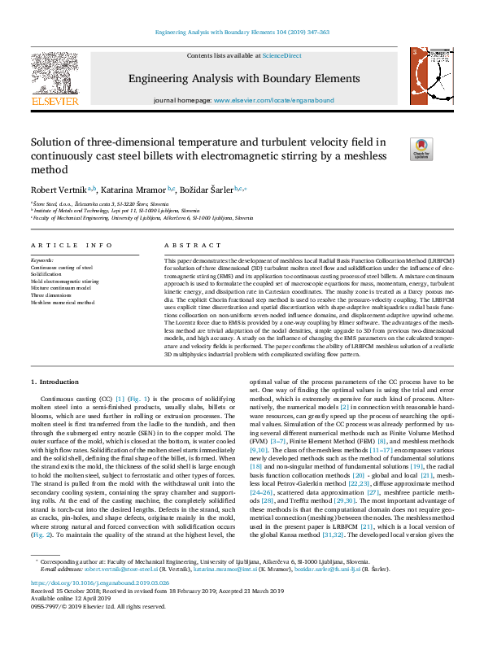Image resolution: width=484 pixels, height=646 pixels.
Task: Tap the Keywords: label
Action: pyautogui.click(x=41, y=261)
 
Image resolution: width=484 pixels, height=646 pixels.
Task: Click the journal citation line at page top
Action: pyautogui.click(x=242, y=32)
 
